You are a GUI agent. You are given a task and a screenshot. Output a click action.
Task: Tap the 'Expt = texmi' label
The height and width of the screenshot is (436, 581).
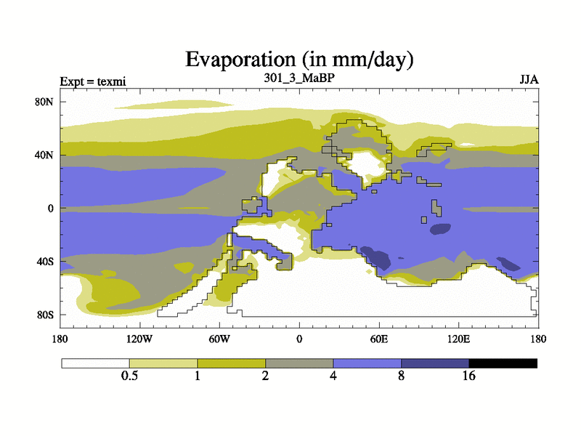click(93, 81)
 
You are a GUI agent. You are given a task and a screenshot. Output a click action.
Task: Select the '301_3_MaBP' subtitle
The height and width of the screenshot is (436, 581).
click(299, 76)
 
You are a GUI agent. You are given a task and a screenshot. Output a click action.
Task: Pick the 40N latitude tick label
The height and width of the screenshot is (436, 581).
click(45, 155)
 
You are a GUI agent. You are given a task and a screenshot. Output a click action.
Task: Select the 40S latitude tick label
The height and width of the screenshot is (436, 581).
click(45, 261)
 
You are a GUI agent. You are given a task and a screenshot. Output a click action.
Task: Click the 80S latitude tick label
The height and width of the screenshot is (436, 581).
click(45, 315)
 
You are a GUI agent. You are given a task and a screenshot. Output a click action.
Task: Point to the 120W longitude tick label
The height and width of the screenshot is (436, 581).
click(139, 339)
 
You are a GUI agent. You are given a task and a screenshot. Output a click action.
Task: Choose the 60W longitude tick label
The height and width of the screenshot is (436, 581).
click(219, 339)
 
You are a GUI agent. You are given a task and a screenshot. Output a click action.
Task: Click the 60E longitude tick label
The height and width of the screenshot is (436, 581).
click(379, 339)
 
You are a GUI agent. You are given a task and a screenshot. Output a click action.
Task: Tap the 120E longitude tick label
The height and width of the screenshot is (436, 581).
click(458, 339)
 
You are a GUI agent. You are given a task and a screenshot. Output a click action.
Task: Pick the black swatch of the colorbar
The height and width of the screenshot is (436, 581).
click(503, 363)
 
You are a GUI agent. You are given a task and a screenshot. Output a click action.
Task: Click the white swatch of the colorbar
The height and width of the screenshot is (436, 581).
click(95, 363)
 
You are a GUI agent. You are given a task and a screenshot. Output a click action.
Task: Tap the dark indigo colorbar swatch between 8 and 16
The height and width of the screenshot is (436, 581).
click(435, 363)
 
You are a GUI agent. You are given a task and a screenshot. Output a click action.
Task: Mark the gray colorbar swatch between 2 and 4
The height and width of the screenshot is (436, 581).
click(299, 363)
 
